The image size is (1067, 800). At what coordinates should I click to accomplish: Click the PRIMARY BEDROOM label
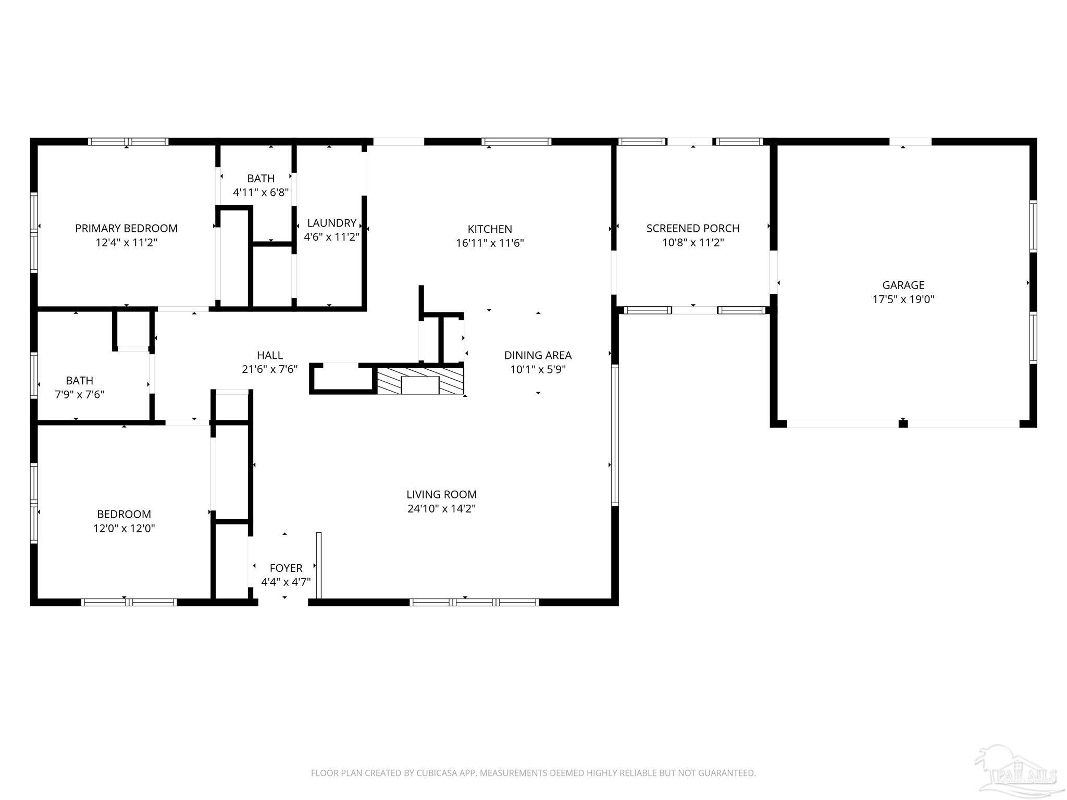coord(126,228)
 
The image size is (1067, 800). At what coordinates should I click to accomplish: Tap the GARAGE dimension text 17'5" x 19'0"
coord(903,299)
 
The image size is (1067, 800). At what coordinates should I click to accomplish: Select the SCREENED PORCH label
coord(692,228)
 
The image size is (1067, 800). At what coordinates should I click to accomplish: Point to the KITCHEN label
coord(489,229)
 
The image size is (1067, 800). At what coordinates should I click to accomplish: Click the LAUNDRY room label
coord(331,223)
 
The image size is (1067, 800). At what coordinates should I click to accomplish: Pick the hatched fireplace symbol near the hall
coord(420,381)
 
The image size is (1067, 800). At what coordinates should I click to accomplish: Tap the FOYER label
coord(286,568)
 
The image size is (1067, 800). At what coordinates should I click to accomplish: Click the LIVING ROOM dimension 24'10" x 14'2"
coord(441,509)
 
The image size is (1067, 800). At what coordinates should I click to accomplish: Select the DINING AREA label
coord(538,355)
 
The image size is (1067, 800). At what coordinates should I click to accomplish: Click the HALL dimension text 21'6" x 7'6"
coord(269,369)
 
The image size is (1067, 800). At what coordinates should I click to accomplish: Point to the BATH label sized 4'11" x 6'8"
coord(260,179)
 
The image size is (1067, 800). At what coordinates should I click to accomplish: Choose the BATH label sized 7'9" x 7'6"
coord(79,381)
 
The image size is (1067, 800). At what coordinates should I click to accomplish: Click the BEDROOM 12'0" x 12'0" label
coord(124,514)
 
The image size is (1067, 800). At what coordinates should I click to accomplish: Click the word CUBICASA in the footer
coord(437,773)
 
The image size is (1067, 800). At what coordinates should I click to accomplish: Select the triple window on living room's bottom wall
coord(474,603)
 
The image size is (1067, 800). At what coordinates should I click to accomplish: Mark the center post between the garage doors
coord(903,424)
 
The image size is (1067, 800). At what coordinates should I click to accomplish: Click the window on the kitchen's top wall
coord(516,142)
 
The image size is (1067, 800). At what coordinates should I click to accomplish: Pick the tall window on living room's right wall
coord(615,435)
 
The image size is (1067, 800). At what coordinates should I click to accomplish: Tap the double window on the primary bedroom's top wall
coord(128,142)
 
